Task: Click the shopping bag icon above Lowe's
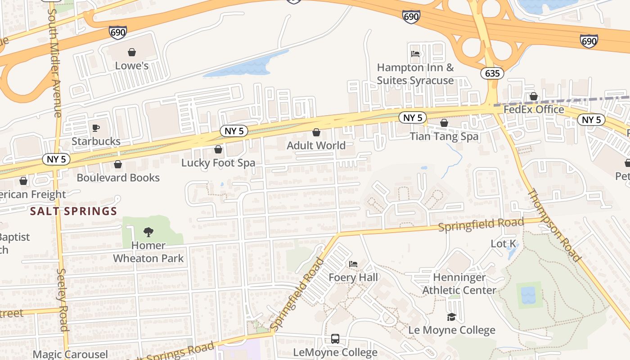click(132, 53)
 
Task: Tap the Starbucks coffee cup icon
click(96, 128)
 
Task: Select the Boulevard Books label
click(118, 177)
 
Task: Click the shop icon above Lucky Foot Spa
click(218, 149)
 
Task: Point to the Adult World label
click(316, 145)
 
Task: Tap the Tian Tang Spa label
click(444, 136)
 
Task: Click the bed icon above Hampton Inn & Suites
click(415, 54)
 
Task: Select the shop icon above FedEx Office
click(534, 96)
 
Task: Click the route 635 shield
click(492, 73)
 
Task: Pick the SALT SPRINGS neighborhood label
click(73, 211)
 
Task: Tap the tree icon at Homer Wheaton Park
click(148, 232)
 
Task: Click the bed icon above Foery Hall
click(353, 264)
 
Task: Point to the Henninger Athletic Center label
click(459, 284)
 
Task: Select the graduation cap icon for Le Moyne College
click(451, 317)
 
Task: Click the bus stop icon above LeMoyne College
click(335, 339)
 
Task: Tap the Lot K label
click(503, 244)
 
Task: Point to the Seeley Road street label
click(63, 300)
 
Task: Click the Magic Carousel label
click(70, 354)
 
